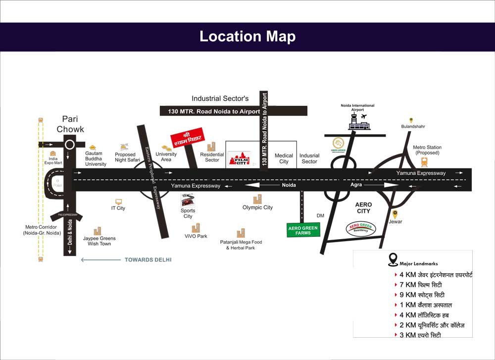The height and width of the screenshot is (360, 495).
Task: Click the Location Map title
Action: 247,37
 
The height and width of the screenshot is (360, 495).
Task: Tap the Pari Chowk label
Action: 70,124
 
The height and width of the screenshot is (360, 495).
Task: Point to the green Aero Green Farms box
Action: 303,229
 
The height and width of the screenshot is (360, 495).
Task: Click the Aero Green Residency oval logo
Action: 361,228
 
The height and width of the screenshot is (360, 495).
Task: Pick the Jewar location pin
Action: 395,214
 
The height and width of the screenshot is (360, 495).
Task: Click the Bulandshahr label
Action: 413,127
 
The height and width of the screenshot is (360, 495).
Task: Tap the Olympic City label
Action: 257,207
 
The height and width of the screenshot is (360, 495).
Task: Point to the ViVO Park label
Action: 196,236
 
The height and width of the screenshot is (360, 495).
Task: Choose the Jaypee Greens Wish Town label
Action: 99,241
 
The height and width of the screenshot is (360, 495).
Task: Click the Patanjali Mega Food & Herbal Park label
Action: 241,245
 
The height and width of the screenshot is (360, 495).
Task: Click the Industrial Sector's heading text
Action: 220,99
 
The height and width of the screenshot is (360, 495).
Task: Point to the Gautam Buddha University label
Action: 96,158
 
